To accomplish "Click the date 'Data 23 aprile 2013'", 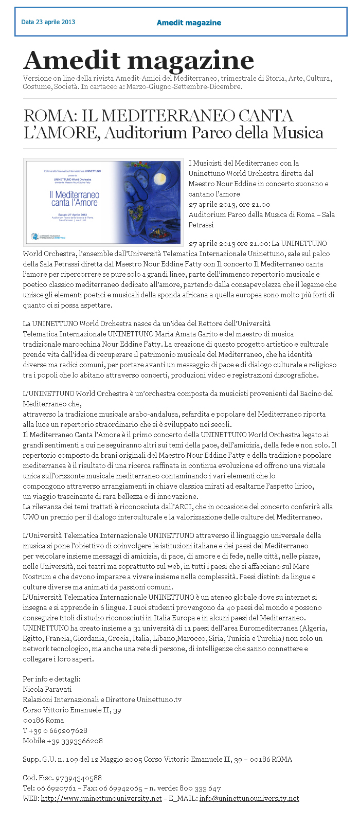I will (x=48, y=22).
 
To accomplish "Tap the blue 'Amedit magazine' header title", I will (x=189, y=23).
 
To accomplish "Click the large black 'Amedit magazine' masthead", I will (x=138, y=61).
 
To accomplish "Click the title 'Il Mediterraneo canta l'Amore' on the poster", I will (x=74, y=199).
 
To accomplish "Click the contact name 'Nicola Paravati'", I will (x=47, y=689).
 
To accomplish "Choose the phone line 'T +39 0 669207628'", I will (x=55, y=730).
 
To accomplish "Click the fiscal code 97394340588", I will (x=74, y=778).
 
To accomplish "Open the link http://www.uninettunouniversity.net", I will (x=101, y=798).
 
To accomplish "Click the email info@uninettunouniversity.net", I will (x=249, y=798).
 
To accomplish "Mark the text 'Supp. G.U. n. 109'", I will (x=49, y=759).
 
